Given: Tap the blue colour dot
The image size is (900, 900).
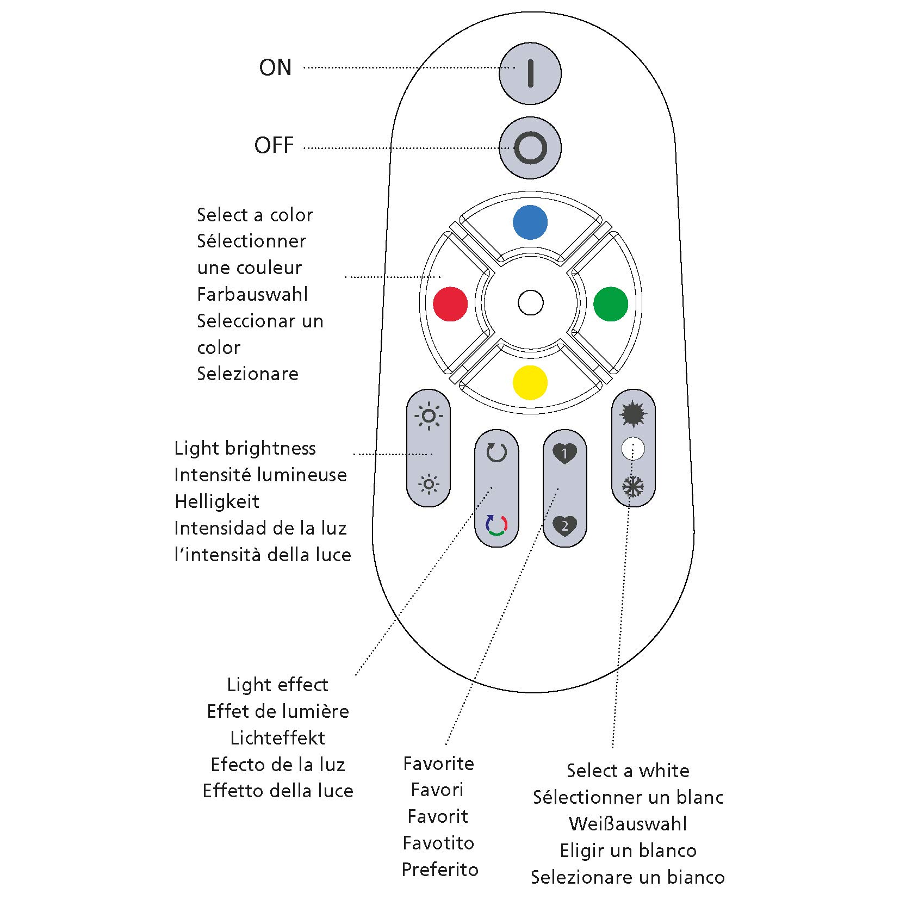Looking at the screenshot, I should (x=530, y=222).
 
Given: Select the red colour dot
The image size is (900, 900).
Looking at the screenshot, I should (x=450, y=303).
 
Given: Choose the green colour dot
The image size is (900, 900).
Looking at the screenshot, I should (x=610, y=303).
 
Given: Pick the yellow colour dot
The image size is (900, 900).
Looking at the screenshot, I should (x=530, y=382).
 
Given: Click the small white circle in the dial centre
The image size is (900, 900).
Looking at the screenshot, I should (x=530, y=303).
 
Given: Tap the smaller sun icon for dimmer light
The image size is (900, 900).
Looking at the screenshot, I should (x=429, y=484).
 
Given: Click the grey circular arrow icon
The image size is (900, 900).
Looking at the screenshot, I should (x=496, y=452).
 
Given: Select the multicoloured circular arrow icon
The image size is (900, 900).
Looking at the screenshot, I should (x=496, y=525).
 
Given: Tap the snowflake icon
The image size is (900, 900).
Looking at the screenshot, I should (x=633, y=487).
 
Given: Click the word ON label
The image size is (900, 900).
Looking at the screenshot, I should (x=275, y=68).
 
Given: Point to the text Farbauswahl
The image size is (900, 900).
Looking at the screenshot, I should (x=252, y=295).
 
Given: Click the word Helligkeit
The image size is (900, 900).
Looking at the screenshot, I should (x=217, y=501).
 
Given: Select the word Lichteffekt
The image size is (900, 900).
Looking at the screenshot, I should (x=277, y=738).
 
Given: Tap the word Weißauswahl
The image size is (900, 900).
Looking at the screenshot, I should (x=628, y=824).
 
